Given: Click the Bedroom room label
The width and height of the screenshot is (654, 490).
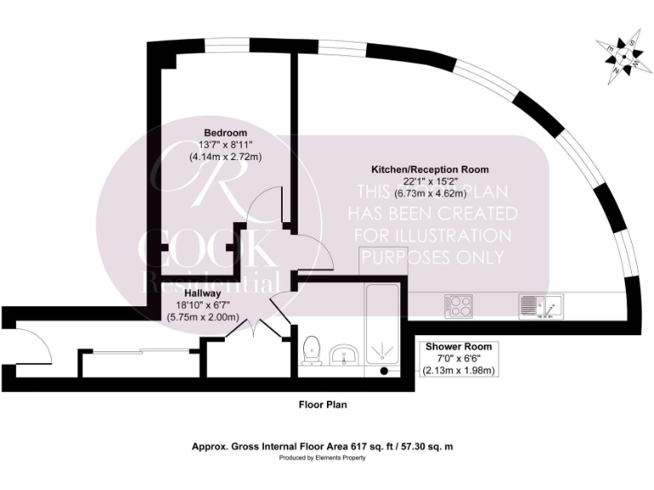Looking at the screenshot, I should (225, 132).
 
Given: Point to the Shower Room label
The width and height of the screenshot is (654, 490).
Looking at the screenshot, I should (460, 347).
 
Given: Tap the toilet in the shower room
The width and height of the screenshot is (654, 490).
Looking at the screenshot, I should (312, 350).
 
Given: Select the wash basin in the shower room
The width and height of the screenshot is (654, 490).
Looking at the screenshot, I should (346, 353).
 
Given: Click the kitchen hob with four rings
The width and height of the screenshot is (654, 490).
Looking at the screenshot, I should (461, 305).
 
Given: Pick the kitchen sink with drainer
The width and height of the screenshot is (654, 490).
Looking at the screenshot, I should (539, 304).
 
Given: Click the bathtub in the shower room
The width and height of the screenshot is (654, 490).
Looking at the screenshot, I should (386, 332).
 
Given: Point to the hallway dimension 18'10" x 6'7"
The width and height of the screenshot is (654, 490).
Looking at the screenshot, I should (204, 305).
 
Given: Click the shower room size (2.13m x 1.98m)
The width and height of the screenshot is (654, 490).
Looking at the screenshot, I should (460, 371).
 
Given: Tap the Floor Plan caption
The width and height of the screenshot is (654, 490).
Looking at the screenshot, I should (322, 405).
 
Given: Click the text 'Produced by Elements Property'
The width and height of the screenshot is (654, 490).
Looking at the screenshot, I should (322, 458).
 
